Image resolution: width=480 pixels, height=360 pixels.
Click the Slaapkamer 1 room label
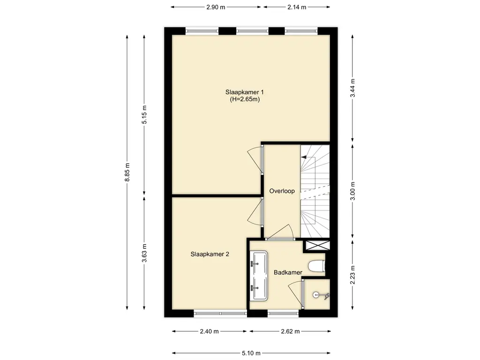(x=245, y=92)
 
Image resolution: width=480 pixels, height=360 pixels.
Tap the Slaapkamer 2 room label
(x=210, y=254)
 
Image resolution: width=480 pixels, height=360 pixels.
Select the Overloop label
(x=282, y=191)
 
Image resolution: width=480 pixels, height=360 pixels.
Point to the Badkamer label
(x=288, y=272)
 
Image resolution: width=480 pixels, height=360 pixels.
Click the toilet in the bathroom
(x=316, y=266)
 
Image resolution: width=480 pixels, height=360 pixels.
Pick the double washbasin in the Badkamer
(x=259, y=276)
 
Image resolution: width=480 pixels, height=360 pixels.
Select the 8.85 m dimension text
(x=127, y=172)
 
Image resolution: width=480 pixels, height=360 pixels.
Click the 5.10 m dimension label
(x=251, y=353)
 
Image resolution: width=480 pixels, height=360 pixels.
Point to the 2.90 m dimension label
(x=216, y=7)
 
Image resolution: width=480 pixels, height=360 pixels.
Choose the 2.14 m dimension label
(x=297, y=7)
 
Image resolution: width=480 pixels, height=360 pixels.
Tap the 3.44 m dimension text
(x=352, y=88)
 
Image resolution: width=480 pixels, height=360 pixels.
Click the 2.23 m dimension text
(x=352, y=275)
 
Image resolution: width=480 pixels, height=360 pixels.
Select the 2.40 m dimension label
(x=210, y=331)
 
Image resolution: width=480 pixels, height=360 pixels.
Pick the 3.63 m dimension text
(x=144, y=253)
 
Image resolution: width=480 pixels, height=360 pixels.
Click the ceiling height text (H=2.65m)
(x=245, y=99)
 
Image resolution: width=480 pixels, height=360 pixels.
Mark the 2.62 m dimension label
(x=290, y=331)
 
